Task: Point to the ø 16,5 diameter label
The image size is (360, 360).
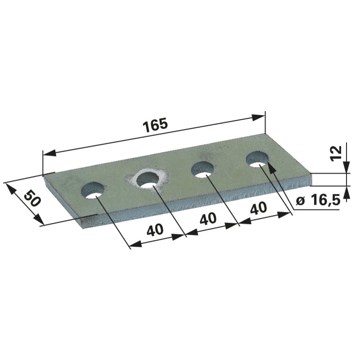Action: tap(318, 201)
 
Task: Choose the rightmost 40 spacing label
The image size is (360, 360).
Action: tap(258, 207)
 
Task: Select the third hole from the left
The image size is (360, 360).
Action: tap(203, 170)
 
